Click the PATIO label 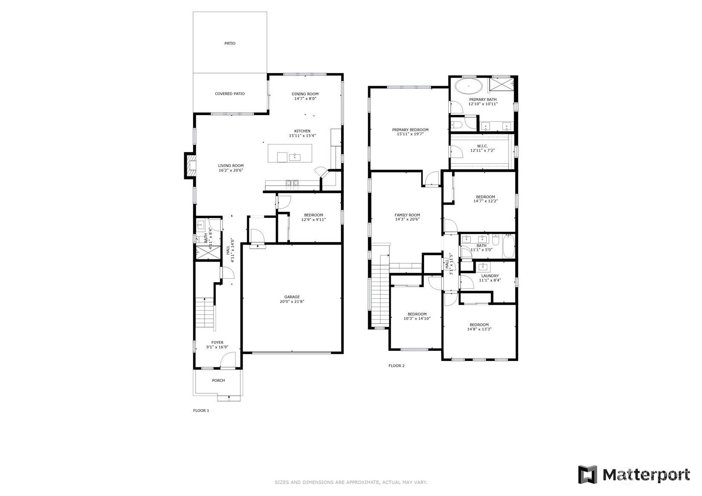tap(230, 43)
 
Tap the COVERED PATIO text tap(230, 94)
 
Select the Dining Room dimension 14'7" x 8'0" tap(305, 99)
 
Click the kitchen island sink tap(295, 157)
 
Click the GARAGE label tap(292, 297)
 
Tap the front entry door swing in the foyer tap(228, 359)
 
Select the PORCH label tap(218, 381)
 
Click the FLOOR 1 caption tap(201, 410)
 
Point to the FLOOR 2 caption tap(396, 366)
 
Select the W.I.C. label tap(482, 146)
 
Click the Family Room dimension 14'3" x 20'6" tap(407, 219)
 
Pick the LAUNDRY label tap(490, 276)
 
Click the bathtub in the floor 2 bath tap(508, 246)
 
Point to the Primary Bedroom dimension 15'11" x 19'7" tap(410, 134)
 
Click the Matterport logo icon tap(587, 475)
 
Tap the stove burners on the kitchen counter tap(292, 185)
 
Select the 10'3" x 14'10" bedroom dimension tap(417, 318)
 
